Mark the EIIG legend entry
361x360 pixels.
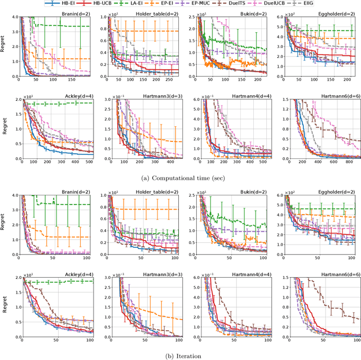pos(331,3)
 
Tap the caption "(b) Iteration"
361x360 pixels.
pos(180,355)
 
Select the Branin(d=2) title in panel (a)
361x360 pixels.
pos(76,13)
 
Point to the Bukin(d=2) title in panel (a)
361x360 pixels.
pos(253,13)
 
